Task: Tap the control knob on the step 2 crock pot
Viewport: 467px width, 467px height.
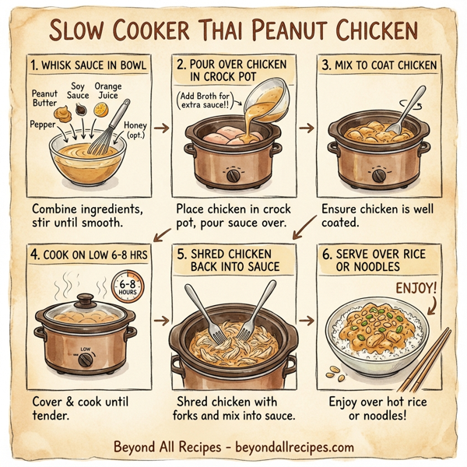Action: point(231,176)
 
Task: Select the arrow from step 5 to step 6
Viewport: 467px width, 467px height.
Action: point(308,320)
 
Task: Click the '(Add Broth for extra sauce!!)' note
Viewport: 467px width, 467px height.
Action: point(208,100)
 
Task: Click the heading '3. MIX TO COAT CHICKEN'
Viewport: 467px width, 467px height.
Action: point(382,65)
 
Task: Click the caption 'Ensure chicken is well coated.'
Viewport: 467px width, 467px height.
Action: point(376,216)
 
